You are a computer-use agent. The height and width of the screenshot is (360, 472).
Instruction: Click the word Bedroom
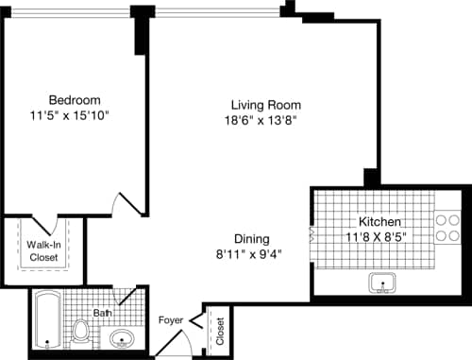(75, 100)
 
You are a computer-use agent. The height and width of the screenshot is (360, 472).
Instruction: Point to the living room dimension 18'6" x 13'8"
(266, 121)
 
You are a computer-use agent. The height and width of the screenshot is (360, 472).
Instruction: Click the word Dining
(253, 238)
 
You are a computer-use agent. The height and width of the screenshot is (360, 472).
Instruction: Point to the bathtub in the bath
(47, 320)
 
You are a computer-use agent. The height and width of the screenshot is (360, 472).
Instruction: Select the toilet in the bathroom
(82, 332)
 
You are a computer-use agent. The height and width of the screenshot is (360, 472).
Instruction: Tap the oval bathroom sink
(122, 337)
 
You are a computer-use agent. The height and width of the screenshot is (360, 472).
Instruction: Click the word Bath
(103, 313)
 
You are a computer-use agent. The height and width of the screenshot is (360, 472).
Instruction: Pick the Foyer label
(171, 320)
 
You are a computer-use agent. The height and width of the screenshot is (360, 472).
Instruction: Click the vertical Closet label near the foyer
(220, 332)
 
